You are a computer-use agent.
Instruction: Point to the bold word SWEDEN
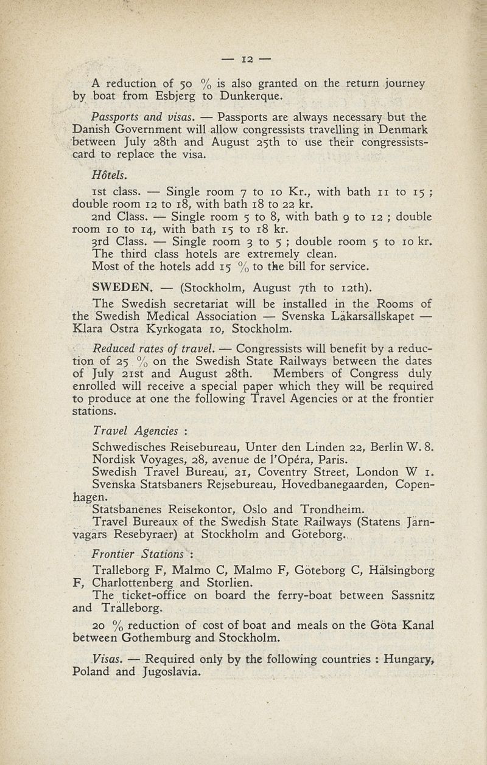(x=121, y=286)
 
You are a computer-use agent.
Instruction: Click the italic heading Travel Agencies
(x=135, y=431)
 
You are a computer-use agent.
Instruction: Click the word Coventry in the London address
(x=286, y=471)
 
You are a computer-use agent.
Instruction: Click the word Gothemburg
(x=160, y=637)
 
